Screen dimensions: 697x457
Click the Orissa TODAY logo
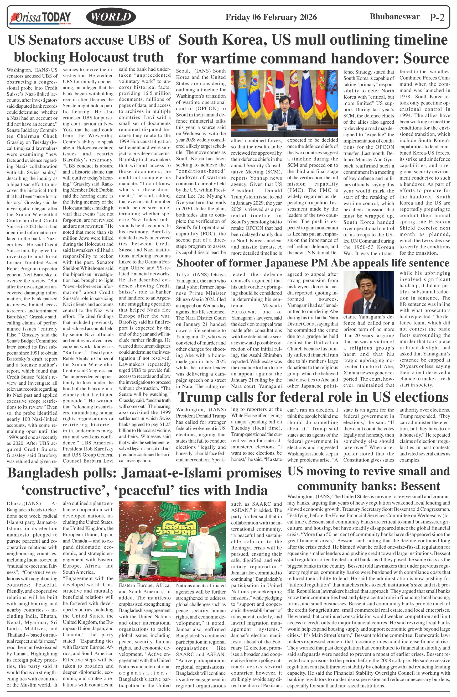click(40, 17)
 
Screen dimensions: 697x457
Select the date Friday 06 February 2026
click(271, 17)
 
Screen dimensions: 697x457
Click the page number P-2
click(437, 18)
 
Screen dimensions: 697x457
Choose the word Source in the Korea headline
click(426, 58)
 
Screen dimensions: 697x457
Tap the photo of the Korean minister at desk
click(284, 103)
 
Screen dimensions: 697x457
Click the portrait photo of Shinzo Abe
click(368, 292)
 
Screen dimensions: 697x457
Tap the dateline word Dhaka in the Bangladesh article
click(15, 504)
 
